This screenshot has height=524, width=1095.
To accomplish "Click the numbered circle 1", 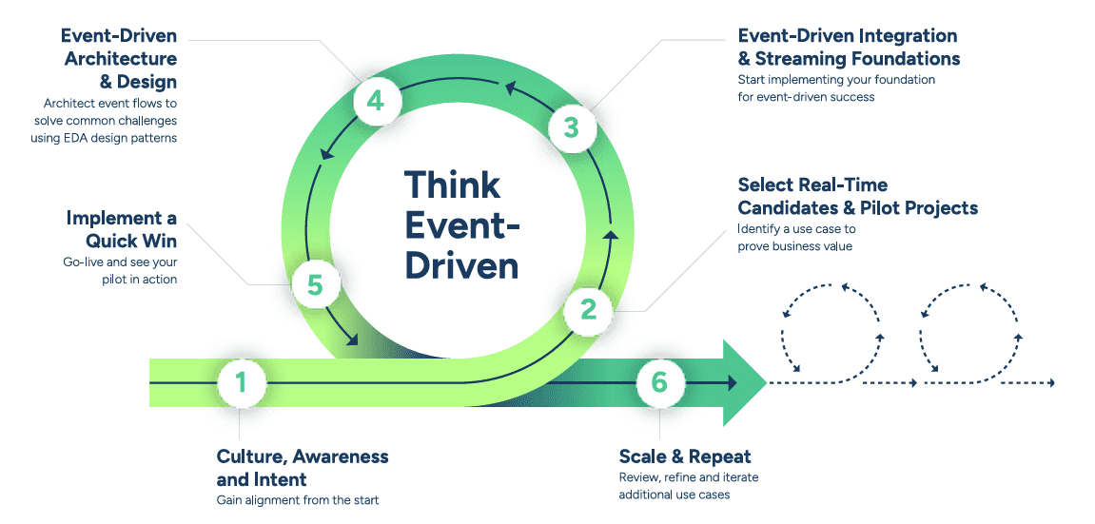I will click(x=241, y=382).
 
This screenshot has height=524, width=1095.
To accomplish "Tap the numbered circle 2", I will click(x=588, y=308).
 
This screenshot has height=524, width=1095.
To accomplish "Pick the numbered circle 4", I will click(x=376, y=100).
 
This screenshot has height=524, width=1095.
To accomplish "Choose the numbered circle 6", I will click(x=659, y=382).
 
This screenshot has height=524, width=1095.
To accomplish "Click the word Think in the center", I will click(x=453, y=184).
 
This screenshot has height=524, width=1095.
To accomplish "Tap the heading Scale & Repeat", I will click(x=685, y=456).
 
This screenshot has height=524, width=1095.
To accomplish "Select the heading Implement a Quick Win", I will click(x=122, y=230).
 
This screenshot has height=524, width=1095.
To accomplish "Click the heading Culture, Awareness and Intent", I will click(x=303, y=468).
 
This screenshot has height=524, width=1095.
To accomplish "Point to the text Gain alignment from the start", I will click(x=298, y=500).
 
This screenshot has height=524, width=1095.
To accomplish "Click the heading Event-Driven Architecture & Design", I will click(x=119, y=59).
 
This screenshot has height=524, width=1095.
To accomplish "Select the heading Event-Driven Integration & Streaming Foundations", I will click(x=849, y=48).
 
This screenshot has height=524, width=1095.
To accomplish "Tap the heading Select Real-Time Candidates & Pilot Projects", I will click(x=857, y=196).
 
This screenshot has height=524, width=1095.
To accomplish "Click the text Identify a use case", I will click(x=796, y=229).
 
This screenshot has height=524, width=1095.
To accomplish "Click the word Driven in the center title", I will click(x=462, y=264).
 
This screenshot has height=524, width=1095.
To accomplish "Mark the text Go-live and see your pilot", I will click(x=119, y=271).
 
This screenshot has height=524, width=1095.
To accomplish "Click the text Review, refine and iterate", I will click(x=688, y=477).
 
